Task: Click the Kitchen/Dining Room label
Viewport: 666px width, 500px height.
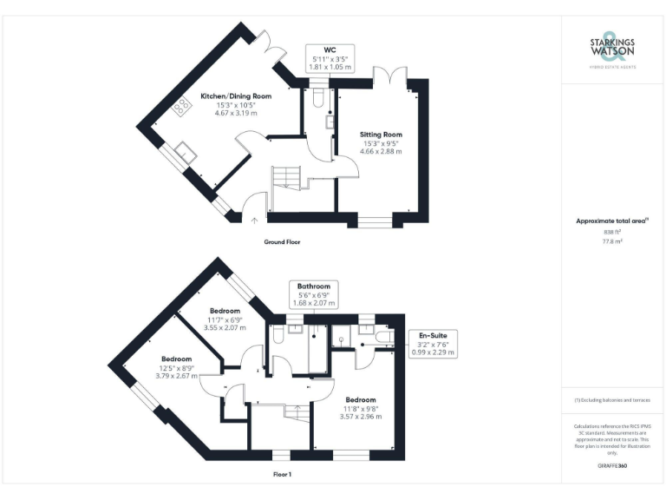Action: click(236, 95)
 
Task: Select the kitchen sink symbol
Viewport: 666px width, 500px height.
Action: click(186, 154)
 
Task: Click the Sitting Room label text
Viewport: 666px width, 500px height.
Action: click(381, 135)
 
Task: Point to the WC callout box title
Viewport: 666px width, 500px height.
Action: click(330, 49)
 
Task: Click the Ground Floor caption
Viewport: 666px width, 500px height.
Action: click(282, 242)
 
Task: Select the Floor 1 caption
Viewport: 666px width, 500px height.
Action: click(282, 475)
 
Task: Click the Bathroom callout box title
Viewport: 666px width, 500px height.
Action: click(313, 286)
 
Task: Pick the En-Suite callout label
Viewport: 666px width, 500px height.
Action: click(433, 336)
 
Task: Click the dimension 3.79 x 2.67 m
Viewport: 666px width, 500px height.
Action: click(177, 376)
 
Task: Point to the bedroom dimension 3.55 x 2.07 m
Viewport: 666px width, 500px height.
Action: click(225, 327)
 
